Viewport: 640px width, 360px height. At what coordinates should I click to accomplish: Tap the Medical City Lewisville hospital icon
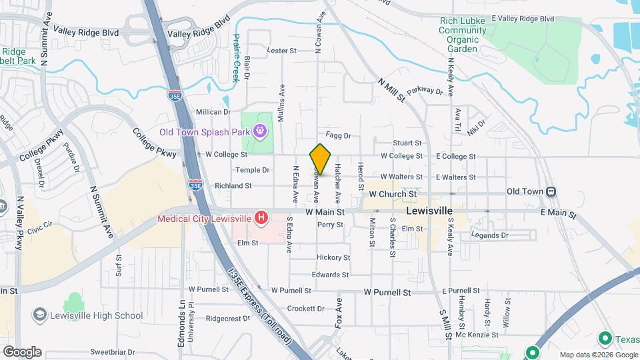(262, 217)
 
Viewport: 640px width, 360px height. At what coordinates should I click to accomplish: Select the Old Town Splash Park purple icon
(261, 132)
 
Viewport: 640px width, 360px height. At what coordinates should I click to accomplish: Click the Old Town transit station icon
(551, 191)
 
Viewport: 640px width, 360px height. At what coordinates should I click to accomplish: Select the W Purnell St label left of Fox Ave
(212, 290)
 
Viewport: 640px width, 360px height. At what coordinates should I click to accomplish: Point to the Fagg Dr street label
(338, 135)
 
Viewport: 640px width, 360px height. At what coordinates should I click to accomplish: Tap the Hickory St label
(333, 257)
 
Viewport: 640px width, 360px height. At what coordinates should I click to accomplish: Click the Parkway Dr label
(425, 90)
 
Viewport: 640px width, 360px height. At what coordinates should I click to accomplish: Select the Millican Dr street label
(213, 112)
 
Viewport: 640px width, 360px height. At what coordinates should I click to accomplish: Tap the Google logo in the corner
(22, 351)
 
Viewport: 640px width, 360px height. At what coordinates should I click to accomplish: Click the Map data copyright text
(598, 355)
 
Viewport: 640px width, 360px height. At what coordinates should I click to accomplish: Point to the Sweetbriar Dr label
(113, 351)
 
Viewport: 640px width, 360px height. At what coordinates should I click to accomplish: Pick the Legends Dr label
(489, 235)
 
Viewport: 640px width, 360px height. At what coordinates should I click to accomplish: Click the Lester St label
(281, 51)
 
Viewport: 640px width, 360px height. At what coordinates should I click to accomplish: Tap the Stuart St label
(407, 143)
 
